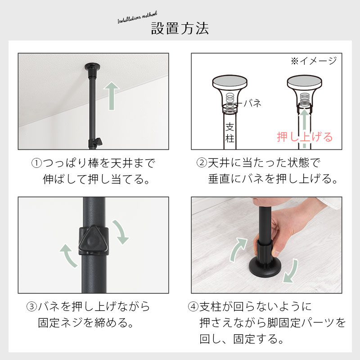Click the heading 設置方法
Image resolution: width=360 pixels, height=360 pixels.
tap(180, 28)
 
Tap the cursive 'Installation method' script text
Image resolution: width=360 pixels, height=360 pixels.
tap(137, 18)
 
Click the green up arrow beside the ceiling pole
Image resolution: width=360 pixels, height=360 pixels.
tap(112, 96)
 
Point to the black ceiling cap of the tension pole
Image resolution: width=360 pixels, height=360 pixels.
tap(92, 67)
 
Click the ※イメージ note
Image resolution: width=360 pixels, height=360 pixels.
tap(314, 61)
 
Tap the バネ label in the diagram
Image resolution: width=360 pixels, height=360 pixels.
tap(252, 103)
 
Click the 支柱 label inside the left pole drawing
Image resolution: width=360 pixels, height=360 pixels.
tap(230, 133)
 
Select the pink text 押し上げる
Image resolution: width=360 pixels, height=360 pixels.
tap(305, 137)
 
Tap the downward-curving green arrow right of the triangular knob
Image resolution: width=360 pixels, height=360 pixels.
tap(121, 232)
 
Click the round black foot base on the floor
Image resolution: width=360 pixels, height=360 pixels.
tap(265, 267)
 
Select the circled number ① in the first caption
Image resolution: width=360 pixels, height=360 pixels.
tap(36, 163)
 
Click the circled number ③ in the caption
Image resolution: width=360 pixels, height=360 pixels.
tap(31, 307)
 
